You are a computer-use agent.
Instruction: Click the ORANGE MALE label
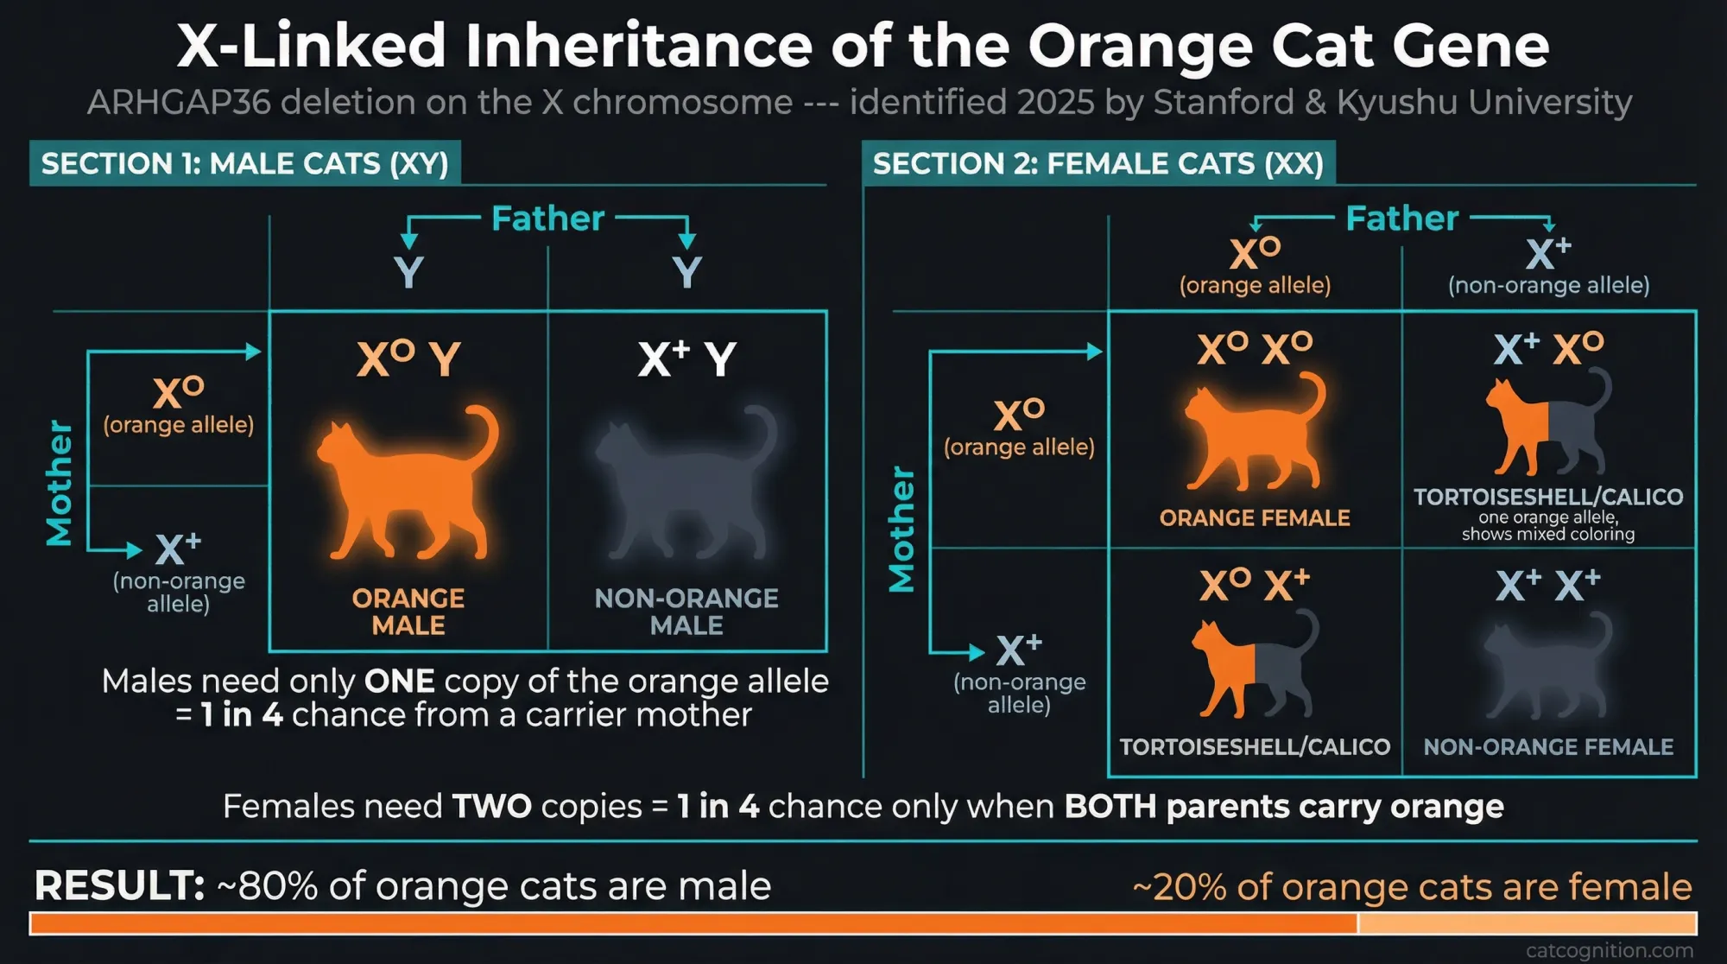click(x=408, y=611)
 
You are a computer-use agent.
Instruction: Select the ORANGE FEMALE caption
click(x=1254, y=517)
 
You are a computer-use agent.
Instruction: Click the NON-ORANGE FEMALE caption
click(x=1547, y=746)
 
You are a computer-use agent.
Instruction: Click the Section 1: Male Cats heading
click(x=244, y=163)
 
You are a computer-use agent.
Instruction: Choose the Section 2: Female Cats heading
click(x=1098, y=163)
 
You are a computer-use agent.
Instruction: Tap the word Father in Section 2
click(x=1401, y=219)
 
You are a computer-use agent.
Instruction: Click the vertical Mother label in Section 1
click(x=59, y=483)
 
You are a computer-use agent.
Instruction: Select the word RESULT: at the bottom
click(x=119, y=885)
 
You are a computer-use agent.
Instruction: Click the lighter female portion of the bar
click(x=1526, y=923)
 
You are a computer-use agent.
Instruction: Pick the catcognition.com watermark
click(x=1609, y=950)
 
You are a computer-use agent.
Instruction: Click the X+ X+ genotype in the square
click(x=1547, y=586)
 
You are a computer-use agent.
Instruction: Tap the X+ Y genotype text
click(x=686, y=358)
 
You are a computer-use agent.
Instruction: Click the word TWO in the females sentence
click(x=491, y=806)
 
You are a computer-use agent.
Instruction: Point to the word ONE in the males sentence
click(x=399, y=682)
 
